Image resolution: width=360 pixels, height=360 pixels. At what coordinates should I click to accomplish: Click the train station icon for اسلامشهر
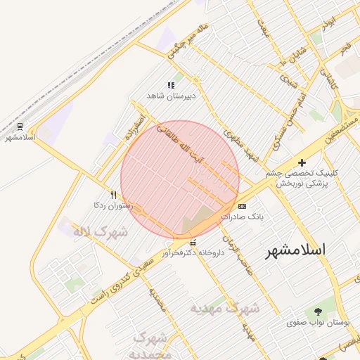20,127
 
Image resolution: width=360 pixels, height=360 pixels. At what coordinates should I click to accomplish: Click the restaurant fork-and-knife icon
112,195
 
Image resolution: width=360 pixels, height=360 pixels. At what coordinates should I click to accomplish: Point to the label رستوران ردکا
110,205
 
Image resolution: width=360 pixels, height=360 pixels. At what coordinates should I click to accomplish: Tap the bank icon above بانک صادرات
243,206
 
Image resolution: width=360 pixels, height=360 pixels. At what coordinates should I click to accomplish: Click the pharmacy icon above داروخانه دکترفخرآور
193,243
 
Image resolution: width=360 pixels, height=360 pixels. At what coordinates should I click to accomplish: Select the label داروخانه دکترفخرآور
193,252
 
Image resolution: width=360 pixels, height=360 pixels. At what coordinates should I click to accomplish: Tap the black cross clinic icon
302,162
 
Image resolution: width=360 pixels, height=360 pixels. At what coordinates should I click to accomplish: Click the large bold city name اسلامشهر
295,250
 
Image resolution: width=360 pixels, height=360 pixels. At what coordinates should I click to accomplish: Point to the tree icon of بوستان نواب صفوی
318,310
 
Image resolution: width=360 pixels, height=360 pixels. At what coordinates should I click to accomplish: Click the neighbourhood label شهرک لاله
103,231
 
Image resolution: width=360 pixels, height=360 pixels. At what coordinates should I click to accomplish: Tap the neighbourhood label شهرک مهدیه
225,308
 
